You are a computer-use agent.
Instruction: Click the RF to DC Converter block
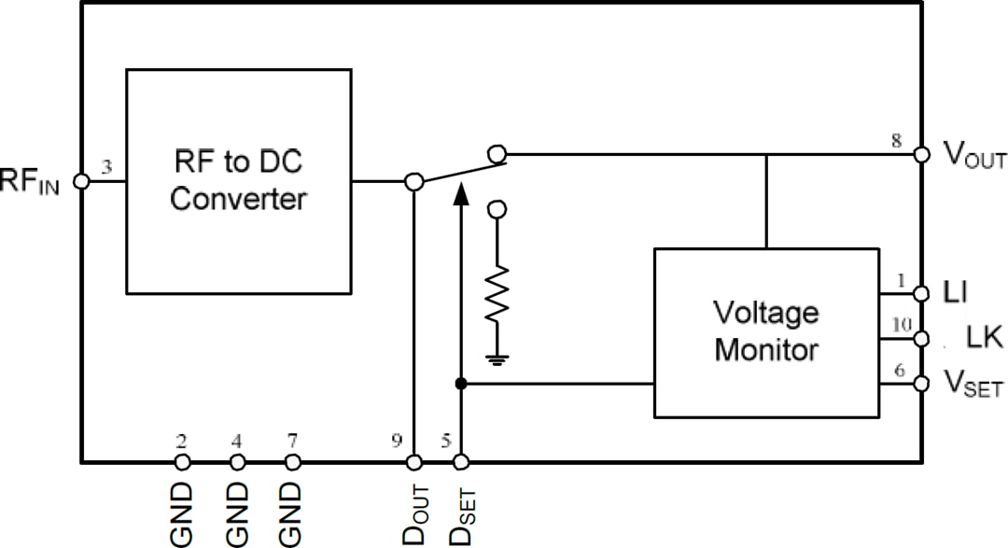click(239, 181)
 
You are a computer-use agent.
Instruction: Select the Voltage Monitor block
click(765, 331)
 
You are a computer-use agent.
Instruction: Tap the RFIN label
click(31, 181)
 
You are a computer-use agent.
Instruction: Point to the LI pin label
click(954, 293)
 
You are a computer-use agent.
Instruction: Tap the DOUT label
click(414, 513)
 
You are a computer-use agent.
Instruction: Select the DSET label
click(461, 513)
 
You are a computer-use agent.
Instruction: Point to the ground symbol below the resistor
click(497, 358)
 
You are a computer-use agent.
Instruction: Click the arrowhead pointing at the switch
click(459, 194)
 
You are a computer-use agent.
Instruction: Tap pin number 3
click(106, 167)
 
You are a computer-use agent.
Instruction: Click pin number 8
click(897, 140)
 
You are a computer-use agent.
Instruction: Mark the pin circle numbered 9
click(414, 462)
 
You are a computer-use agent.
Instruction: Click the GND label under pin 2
click(182, 513)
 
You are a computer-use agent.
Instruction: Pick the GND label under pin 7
click(292, 513)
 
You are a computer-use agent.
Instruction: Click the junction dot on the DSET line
click(459, 384)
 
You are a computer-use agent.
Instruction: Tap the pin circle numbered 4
click(237, 462)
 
